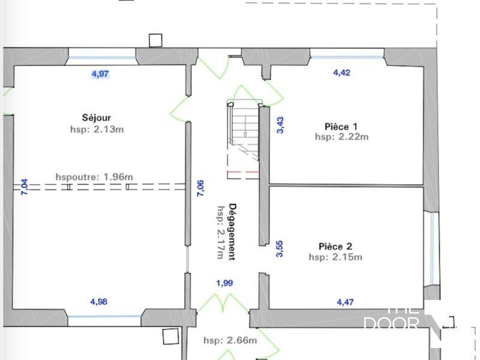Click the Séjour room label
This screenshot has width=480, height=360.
click(97, 118)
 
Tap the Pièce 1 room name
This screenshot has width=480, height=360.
click(341, 126)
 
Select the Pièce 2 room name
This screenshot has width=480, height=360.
click(335, 247)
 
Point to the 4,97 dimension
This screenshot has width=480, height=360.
click(100, 74)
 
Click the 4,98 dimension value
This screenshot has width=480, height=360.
click(98, 302)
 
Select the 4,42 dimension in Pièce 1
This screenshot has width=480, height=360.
click(341, 73)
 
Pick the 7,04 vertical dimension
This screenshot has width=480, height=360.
click(25, 188)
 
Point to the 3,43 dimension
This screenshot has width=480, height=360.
click(280, 124)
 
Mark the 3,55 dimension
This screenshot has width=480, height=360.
click(280, 248)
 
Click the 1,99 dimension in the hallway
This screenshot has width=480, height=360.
click(224, 283)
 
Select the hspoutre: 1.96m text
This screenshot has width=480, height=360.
click(94, 176)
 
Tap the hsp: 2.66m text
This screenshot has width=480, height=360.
click(230, 340)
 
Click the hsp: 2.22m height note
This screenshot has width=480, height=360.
click(341, 137)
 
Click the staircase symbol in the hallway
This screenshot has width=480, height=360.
click(242, 129)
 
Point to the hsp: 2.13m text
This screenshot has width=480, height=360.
click(97, 128)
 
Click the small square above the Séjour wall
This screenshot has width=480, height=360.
click(155, 40)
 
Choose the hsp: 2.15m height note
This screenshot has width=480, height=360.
click(335, 257)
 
